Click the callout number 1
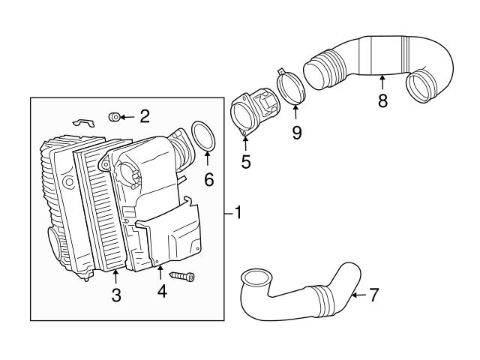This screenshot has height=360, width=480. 238,214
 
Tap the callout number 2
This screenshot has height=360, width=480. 145,115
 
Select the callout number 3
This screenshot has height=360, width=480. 116,295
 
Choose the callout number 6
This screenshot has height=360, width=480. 209,179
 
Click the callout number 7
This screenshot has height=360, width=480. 374,295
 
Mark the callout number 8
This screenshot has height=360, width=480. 382,100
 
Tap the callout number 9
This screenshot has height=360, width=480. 296,132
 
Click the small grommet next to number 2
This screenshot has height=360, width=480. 115,116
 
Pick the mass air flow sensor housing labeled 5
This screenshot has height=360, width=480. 251,114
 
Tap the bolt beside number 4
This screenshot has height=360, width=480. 183,277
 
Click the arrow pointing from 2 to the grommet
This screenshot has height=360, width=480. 128,116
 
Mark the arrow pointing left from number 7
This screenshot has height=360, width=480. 357,295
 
